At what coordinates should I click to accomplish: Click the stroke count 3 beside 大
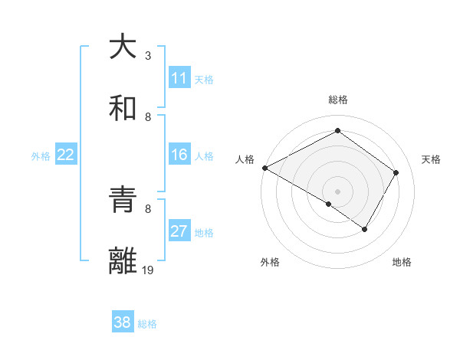[x=148, y=56]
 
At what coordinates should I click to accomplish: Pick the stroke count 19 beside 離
[x=148, y=270]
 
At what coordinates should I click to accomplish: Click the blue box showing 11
[x=179, y=78]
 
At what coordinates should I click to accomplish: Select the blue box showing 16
[x=179, y=155]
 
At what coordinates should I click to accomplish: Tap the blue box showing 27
[x=179, y=231]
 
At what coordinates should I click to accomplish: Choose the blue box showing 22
[x=66, y=155]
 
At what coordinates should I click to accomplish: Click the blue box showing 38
[x=123, y=322]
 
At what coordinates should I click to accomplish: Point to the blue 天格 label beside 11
[x=204, y=79]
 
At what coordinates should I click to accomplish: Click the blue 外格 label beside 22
[x=41, y=155]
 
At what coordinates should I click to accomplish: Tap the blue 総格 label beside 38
[x=147, y=323]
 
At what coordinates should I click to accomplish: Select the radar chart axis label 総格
[x=338, y=100]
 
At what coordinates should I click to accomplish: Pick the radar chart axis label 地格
[x=402, y=262]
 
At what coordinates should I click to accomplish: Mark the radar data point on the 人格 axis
[x=264, y=167]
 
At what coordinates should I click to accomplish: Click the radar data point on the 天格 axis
[x=396, y=172]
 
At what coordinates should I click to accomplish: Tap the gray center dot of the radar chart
[x=337, y=191]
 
